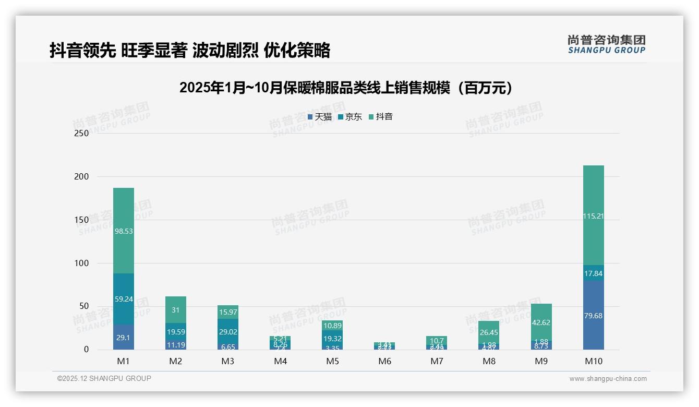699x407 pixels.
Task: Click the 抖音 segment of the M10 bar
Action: [593, 215]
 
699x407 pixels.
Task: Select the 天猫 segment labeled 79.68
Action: [593, 315]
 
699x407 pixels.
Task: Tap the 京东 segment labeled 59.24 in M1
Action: [123, 299]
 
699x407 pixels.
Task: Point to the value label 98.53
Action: [123, 231]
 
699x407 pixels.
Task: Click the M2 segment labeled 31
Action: [175, 309]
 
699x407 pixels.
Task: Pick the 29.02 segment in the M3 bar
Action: [228, 331]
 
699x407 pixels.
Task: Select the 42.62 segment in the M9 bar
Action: [541, 322]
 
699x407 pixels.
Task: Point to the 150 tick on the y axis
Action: [81, 220]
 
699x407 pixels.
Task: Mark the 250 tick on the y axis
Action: [81, 133]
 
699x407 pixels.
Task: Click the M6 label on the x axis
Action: [384, 361]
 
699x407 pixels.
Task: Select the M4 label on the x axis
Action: [280, 361]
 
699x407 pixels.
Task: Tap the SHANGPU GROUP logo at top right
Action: [606, 44]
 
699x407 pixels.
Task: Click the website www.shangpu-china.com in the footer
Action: [608, 379]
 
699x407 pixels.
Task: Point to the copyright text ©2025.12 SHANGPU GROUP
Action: [104, 379]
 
